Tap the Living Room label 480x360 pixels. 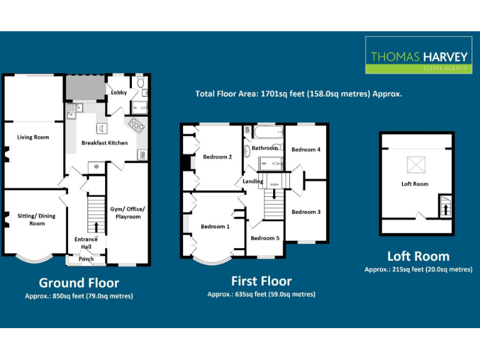pyautogui.click(x=33, y=137)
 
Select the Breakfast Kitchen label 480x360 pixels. pyautogui.click(x=104, y=143)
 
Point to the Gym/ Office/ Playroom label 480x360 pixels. pyautogui.click(x=126, y=212)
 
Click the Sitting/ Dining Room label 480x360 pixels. pyautogui.click(x=37, y=219)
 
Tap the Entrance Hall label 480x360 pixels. pyautogui.click(x=86, y=242)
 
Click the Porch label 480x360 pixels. pyautogui.click(x=86, y=259)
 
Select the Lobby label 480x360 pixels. pyautogui.click(x=119, y=93)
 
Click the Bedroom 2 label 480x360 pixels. pyautogui.click(x=217, y=157)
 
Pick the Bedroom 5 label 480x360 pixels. pyautogui.click(x=265, y=238)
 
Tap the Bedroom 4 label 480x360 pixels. pyautogui.click(x=306, y=150)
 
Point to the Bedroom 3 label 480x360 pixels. pyautogui.click(x=306, y=212)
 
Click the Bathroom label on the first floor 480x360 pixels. pyautogui.click(x=264, y=148)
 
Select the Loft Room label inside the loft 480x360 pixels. pyautogui.click(x=415, y=184)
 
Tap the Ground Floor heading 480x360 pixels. pyautogui.click(x=79, y=282)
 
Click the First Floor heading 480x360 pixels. pyautogui.click(x=261, y=281)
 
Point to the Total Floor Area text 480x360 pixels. pyautogui.click(x=299, y=94)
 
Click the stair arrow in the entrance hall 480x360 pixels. pyautogui.click(x=96, y=226)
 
